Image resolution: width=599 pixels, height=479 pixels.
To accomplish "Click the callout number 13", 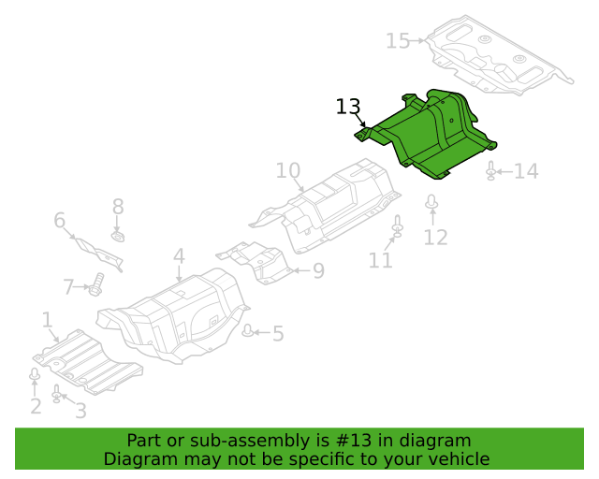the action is point(348,107).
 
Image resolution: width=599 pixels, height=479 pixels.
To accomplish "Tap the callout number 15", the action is point(398,41).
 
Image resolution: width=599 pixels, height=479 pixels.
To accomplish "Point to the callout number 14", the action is point(526,171).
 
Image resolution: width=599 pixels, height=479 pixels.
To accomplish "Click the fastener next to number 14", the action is point(491,171).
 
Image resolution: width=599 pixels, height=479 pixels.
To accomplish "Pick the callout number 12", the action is point(435,238).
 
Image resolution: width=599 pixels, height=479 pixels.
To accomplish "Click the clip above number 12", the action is point(431,202).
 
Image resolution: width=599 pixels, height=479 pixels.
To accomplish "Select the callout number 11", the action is point(381,260).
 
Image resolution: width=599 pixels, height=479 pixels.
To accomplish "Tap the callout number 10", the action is point(288,171).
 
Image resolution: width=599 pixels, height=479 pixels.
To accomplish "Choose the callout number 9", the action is point(318,270).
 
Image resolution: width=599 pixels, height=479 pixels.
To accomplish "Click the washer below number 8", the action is point(119,237).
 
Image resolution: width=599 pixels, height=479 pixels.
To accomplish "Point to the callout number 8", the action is point(118,207).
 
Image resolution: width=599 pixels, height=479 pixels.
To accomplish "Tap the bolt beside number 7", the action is point(96,284).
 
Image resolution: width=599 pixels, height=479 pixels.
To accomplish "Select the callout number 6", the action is point(60,221).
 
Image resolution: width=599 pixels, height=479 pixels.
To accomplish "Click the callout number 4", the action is point(179,256).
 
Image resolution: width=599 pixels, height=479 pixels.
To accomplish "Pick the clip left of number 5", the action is point(248,331).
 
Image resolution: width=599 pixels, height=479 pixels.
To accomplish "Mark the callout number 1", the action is point(47,320).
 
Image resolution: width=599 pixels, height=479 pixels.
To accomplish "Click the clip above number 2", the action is point(35,374).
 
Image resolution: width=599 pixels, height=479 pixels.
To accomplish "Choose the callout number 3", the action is point(80,411).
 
